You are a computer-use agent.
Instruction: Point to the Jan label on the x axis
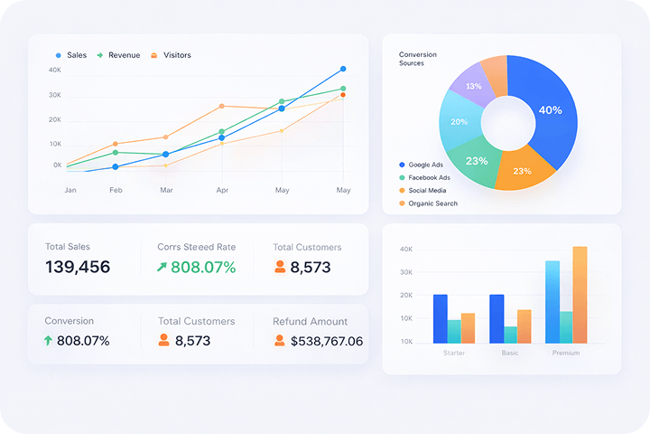[x=70, y=190]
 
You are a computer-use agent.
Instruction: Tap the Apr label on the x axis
[x=222, y=190]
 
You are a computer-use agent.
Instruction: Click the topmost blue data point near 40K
[x=343, y=69]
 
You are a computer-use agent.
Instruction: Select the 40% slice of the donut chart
[x=550, y=110]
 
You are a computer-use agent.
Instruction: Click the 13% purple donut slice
[x=474, y=87]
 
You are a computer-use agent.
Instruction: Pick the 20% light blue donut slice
[x=459, y=121]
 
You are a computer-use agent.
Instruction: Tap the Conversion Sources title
[x=417, y=59]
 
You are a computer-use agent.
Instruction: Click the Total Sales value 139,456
[x=78, y=267]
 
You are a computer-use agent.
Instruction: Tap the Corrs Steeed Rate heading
[x=197, y=247]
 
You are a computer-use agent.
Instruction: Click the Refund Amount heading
[x=310, y=321]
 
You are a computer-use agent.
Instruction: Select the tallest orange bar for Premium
[x=580, y=295]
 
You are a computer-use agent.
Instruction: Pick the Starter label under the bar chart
[x=454, y=353]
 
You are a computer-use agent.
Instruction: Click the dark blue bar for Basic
[x=497, y=318]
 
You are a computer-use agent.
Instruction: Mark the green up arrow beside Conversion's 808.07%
[x=48, y=341]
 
